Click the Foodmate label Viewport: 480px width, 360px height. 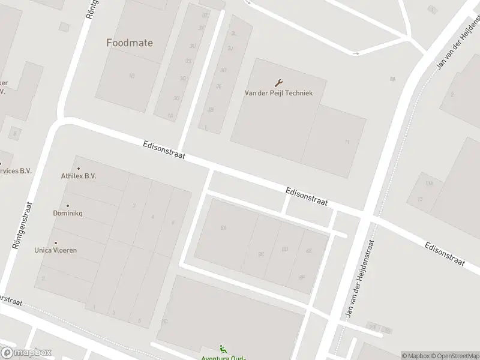point(129,43)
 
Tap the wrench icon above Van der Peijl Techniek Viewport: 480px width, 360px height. point(279,83)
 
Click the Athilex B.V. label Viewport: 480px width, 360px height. point(79,176)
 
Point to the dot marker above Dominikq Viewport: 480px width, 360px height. point(67,206)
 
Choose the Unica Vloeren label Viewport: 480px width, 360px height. point(55,250)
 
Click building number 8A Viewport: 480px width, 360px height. point(224,228)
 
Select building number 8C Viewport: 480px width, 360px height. point(261,254)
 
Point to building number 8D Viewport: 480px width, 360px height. point(284,249)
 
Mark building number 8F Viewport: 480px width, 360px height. point(301,277)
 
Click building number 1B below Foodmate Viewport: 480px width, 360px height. point(131,76)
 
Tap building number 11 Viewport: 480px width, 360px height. point(347,142)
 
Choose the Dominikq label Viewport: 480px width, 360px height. point(67,214)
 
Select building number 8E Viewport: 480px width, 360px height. point(308,251)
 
